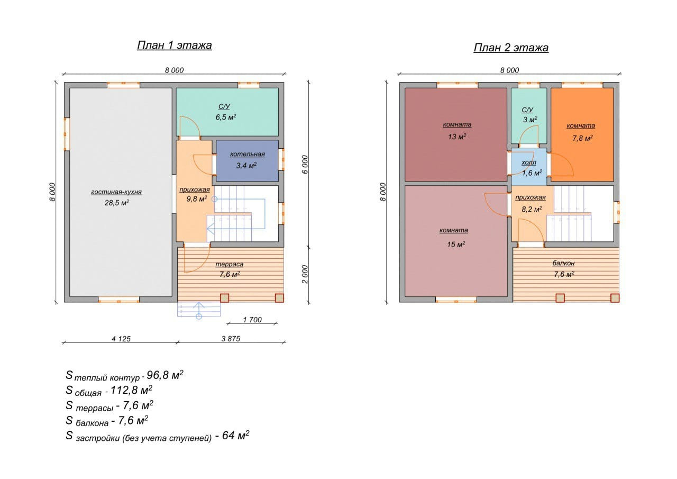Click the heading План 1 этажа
tap(175, 45)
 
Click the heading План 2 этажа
tap(511, 48)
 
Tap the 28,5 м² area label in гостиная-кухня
tap(117, 203)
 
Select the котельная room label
tap(247, 154)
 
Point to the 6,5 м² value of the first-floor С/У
tap(226, 117)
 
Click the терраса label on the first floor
tap(229, 264)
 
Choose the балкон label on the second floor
tap(563, 263)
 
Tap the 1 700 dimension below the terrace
tap(252, 320)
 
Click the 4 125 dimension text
tap(121, 339)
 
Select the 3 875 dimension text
tap(231, 339)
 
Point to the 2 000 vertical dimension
tap(305, 274)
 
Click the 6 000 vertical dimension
tap(305, 165)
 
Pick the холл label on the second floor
tap(529, 162)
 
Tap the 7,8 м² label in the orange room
tap(582, 138)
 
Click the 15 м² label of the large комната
tap(456, 244)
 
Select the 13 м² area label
tap(457, 137)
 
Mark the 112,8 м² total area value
tap(132, 390)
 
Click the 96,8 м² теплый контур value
tap(165, 375)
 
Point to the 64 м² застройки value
tap(236, 435)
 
